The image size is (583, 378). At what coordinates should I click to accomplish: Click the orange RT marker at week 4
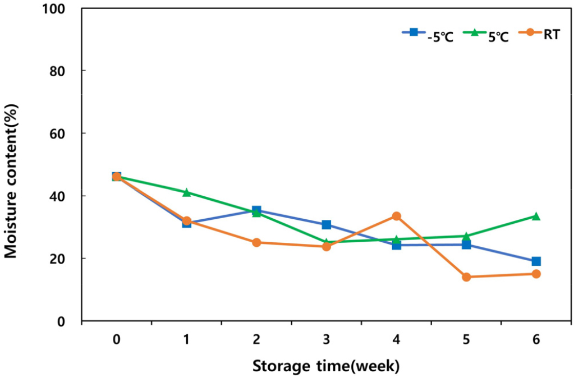tap(396, 216)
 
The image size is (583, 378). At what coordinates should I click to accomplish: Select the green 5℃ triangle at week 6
tap(536, 216)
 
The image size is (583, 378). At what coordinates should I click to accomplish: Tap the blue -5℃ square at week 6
tap(536, 261)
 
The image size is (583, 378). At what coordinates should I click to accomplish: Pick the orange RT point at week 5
tap(466, 277)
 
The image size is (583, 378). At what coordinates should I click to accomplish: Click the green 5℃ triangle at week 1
tap(186, 192)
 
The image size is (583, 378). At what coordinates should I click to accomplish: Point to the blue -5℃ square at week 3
tap(326, 225)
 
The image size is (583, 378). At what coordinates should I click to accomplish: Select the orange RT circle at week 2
tap(256, 243)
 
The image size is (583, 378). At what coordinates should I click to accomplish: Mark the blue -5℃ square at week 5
tap(466, 245)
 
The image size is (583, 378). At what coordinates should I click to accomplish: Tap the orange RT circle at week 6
tap(536, 274)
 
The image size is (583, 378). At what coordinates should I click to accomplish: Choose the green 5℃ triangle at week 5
tap(466, 236)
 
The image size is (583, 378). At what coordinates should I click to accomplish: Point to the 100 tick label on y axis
tap(57, 9)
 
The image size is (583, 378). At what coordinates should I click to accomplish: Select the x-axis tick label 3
tap(326, 339)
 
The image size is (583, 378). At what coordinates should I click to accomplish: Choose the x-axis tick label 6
tap(536, 339)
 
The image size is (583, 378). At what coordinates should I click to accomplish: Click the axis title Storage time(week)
tap(326, 366)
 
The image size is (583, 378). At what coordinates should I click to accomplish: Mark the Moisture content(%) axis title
tap(11, 181)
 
